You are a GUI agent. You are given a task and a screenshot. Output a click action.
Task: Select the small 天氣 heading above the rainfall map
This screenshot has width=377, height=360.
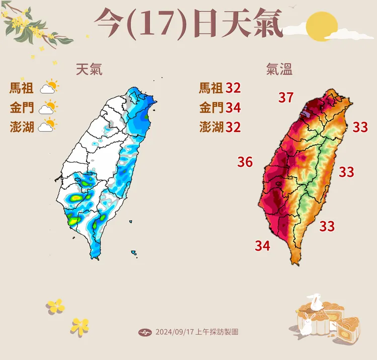coord(89,69)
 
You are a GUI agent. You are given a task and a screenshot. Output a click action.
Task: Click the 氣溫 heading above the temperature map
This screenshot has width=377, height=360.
coord(279,69)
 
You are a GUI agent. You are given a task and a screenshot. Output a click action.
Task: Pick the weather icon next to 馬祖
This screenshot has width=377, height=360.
coord(49,88)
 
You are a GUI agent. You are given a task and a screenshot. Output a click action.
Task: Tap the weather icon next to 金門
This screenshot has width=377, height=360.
coord(49,107)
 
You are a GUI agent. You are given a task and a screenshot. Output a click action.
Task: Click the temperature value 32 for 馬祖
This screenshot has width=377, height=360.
coord(233,88)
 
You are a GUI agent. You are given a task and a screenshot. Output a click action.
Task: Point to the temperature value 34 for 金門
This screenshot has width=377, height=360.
coord(233,107)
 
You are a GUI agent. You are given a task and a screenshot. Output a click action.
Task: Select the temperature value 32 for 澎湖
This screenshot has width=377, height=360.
coord(233,127)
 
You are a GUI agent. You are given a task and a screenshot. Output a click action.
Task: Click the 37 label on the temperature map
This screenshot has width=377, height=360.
coord(286,98)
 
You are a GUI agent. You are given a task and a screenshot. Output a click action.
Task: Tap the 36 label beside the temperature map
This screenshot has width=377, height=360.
coord(245,162)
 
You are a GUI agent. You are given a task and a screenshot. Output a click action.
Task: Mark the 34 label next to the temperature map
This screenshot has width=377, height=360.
coord(262,246)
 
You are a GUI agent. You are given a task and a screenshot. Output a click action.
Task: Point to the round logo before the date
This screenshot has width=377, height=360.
coord(144,332)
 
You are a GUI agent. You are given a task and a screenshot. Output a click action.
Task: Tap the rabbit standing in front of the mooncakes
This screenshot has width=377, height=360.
coord(306,323)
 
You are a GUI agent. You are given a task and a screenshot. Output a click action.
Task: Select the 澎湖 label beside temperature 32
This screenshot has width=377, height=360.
coord(211,127)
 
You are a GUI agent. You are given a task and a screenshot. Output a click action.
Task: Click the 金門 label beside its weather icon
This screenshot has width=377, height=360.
coord(22,107)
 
